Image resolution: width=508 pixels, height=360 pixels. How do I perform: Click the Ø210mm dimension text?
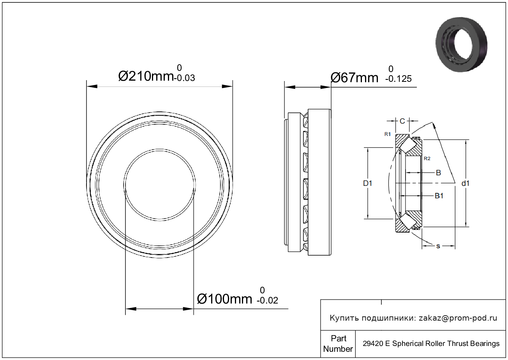[x=146, y=76]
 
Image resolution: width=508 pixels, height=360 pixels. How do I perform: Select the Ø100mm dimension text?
[x=224, y=299]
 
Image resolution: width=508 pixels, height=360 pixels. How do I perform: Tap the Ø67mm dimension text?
[x=355, y=78]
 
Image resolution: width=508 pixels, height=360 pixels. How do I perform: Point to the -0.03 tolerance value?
[x=184, y=78]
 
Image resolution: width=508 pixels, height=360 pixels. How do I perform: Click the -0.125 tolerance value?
[x=398, y=79]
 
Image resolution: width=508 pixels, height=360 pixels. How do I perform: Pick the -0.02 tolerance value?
[x=267, y=300]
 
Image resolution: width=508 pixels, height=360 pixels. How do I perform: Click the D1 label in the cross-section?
[x=367, y=183]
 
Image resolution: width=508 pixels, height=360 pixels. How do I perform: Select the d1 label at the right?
[x=466, y=183]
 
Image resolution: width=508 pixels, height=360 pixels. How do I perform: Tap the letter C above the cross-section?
[x=402, y=121]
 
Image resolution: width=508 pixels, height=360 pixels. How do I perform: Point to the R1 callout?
[x=388, y=134]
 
